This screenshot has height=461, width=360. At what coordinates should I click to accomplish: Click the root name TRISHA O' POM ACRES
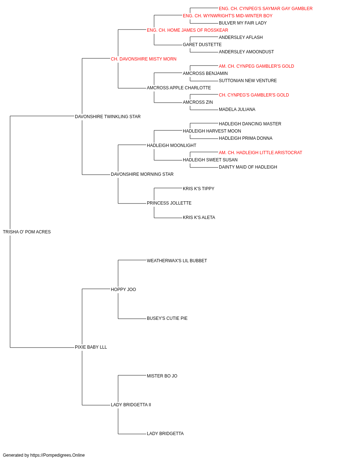coord(27,232)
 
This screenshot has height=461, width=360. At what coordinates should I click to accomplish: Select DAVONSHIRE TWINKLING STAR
coord(108,117)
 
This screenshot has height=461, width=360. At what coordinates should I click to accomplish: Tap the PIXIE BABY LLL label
coord(91,347)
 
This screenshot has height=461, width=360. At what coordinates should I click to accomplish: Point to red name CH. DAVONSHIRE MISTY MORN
coord(144,59)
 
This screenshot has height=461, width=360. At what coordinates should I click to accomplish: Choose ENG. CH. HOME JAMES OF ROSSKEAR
coord(188,30)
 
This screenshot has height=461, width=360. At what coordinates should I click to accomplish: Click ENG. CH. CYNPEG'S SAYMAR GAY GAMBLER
coord(266,9)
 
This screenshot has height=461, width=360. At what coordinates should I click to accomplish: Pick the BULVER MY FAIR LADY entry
coord(243,23)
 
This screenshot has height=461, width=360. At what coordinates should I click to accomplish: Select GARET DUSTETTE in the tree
coord(202,45)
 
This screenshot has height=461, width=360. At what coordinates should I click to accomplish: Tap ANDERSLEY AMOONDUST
coord(246,52)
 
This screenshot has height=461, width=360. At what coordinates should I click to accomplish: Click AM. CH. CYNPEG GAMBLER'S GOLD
coord(256,66)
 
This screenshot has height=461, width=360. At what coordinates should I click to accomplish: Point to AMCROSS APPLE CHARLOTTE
coord(179,88)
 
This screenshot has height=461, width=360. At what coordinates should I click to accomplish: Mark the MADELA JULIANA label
coord(237,109)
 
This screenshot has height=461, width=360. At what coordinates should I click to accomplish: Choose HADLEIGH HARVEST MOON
coord(212,131)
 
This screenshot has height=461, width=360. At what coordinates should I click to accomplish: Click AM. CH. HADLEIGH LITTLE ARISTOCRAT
coord(260,153)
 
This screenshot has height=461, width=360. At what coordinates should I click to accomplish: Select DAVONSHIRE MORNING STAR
coord(142,174)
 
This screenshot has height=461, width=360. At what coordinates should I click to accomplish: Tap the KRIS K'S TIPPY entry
coord(199,189)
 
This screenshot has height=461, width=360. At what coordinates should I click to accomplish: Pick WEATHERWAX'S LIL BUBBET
coord(177,261)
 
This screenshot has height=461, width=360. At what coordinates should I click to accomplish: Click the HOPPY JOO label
coord(123,290)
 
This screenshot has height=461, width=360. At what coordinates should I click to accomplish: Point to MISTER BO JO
coord(162,376)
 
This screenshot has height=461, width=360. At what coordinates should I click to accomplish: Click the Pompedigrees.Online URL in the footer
coord(58,455)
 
